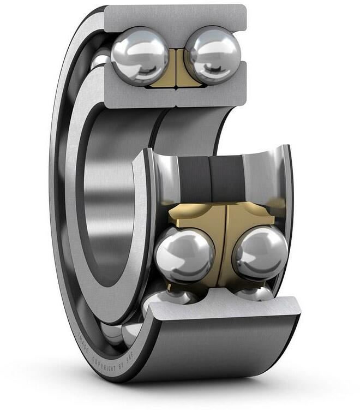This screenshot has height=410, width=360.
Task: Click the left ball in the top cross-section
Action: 139,55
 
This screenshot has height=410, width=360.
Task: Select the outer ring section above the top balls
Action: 175,16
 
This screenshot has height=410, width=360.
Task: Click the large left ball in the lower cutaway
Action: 184,254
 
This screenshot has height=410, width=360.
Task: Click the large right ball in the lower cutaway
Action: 260,253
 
